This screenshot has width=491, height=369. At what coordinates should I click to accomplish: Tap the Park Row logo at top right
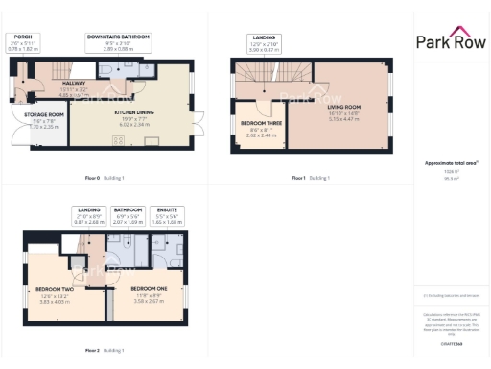(x=451, y=40)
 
